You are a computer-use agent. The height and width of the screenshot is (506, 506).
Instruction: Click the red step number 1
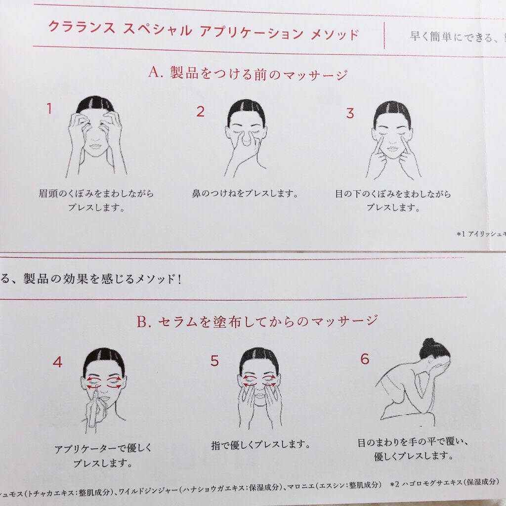(x=49, y=109)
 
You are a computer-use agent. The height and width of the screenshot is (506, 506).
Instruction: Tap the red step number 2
(x=200, y=112)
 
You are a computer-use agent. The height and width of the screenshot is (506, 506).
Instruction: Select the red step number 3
(x=350, y=113)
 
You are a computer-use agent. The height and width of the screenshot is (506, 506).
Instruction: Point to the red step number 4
(x=57, y=362)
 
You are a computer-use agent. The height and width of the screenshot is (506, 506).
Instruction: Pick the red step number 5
(x=214, y=361)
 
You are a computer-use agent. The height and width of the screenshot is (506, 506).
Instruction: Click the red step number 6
(x=365, y=359)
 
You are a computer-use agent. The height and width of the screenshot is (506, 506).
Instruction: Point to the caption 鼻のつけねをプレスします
(x=245, y=193)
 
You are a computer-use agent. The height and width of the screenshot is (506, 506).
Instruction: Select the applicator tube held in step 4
(x=92, y=415)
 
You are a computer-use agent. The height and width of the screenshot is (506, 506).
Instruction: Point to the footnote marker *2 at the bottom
(x=394, y=484)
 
